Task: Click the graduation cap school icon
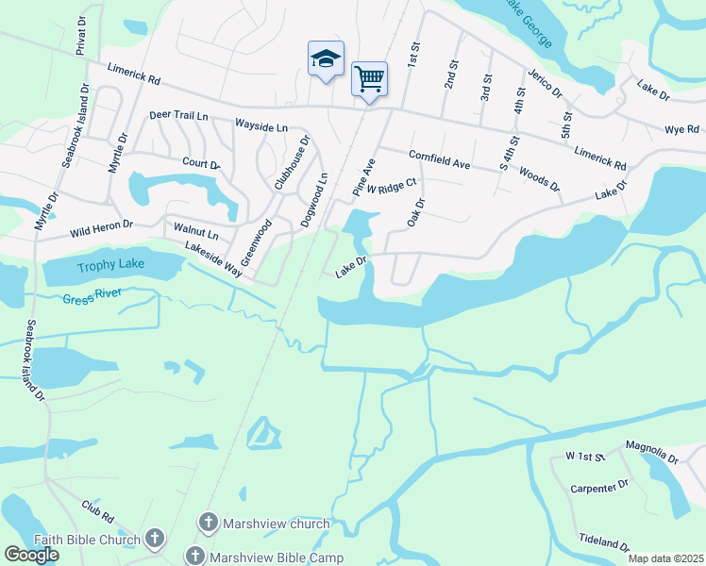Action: point(326,59)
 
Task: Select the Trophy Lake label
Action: point(111,264)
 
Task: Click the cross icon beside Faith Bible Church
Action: point(154,540)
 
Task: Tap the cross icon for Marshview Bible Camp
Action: point(195,557)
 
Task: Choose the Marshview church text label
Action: point(276,524)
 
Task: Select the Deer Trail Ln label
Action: point(178,116)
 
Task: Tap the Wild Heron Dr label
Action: point(100,226)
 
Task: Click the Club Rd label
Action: point(97,512)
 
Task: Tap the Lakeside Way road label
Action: point(217,260)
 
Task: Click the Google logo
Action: point(32,555)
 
